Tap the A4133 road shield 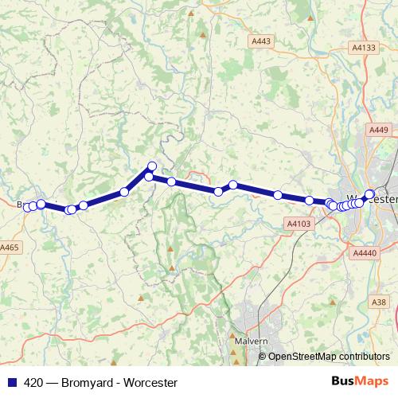pos(363,48)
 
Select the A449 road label pos(378,129)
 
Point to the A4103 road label pos(297,225)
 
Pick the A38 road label pos(379,302)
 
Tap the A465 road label pos(10,248)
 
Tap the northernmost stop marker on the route pos(152,166)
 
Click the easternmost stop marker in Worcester pos(369,193)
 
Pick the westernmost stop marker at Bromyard pos(26,208)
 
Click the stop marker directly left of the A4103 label pos(278,195)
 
